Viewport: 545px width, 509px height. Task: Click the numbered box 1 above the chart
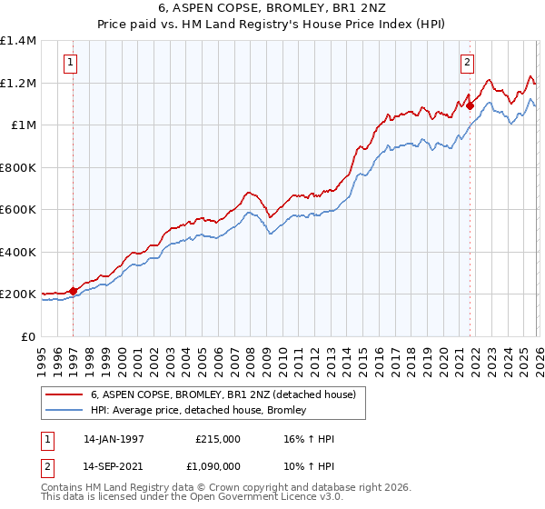pos(71,63)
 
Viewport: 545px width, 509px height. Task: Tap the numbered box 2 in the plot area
pos(467,63)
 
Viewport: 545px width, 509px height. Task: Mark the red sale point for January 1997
pos(74,292)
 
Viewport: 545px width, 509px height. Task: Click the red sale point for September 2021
pos(470,106)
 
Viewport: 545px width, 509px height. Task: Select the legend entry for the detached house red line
pos(228,394)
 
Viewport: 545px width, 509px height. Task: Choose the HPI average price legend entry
pos(198,410)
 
